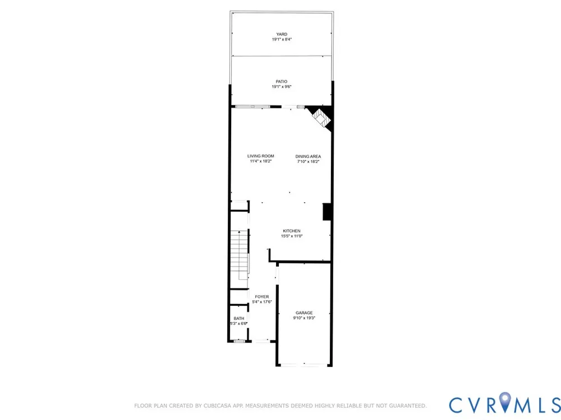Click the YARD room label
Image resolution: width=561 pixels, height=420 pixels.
pyautogui.click(x=282, y=34)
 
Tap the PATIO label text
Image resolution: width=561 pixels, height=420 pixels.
pyautogui.click(x=282, y=82)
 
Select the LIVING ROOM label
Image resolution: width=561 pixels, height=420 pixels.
pyautogui.click(x=260, y=156)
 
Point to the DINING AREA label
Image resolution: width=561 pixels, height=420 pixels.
pyautogui.click(x=308, y=156)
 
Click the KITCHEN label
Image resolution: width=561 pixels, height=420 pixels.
pyautogui.click(x=292, y=231)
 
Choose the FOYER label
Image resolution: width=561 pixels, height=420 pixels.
pyautogui.click(x=262, y=297)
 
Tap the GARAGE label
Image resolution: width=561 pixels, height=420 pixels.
pyautogui.click(x=304, y=313)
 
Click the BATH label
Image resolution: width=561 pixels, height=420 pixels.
pyautogui.click(x=239, y=319)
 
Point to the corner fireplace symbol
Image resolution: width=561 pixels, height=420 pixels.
pyautogui.click(x=321, y=118)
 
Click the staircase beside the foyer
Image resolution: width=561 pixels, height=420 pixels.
pyautogui.click(x=239, y=255)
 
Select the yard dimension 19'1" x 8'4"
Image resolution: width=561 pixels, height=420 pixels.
pyautogui.click(x=282, y=39)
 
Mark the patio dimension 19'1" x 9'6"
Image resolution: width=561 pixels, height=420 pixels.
pyautogui.click(x=282, y=87)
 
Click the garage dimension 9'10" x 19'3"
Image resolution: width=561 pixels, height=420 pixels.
pyautogui.click(x=304, y=318)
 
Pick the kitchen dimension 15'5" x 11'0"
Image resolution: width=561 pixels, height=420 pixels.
pyautogui.click(x=292, y=236)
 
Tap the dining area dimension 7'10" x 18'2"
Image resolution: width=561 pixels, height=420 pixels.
pyautogui.click(x=308, y=161)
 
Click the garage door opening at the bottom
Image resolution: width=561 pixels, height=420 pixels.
pyautogui.click(x=304, y=365)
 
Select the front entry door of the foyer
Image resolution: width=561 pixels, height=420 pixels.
pyautogui.click(x=261, y=342)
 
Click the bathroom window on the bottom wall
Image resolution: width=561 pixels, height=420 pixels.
pyautogui.click(x=240, y=342)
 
